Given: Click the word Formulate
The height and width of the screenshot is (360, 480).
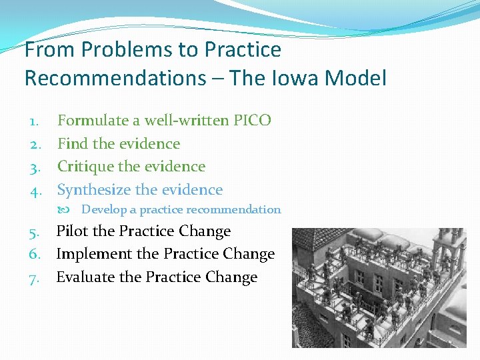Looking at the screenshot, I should point(93,121).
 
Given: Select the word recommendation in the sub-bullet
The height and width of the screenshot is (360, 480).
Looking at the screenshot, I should point(241,209).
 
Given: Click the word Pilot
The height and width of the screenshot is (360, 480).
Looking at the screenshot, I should point(73,231).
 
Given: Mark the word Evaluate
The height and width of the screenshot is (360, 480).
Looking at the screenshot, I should point(85,277).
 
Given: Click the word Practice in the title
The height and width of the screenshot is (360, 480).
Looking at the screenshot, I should point(243,49).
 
